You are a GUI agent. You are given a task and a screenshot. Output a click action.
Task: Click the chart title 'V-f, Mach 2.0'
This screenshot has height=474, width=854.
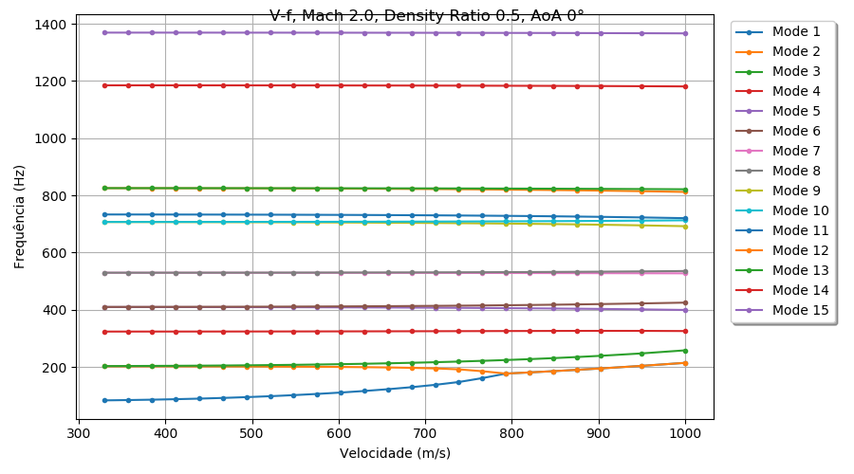426,15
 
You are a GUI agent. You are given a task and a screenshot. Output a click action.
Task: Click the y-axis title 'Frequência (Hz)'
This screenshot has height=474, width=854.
20,216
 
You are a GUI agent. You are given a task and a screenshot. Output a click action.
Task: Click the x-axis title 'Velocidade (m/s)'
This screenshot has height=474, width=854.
395,453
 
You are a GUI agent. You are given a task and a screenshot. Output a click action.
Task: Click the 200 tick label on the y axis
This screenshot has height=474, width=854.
56,368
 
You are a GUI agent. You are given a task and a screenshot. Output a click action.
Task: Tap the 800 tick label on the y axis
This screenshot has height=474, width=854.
56,196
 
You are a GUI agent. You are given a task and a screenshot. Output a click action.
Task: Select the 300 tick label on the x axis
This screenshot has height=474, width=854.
78,433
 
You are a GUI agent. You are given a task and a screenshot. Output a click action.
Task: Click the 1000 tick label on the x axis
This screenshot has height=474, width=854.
685,433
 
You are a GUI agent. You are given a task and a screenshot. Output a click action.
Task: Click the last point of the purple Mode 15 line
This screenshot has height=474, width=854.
685,33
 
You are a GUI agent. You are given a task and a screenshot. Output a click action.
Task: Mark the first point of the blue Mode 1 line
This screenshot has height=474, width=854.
104,400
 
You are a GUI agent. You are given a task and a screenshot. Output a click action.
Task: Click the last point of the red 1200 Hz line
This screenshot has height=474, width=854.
685,86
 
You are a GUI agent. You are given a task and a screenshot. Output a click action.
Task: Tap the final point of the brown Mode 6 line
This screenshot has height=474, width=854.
685,302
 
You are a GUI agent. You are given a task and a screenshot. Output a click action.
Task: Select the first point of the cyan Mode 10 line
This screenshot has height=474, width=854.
104,222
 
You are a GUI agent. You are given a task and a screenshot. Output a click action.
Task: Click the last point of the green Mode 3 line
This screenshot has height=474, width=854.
685,350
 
